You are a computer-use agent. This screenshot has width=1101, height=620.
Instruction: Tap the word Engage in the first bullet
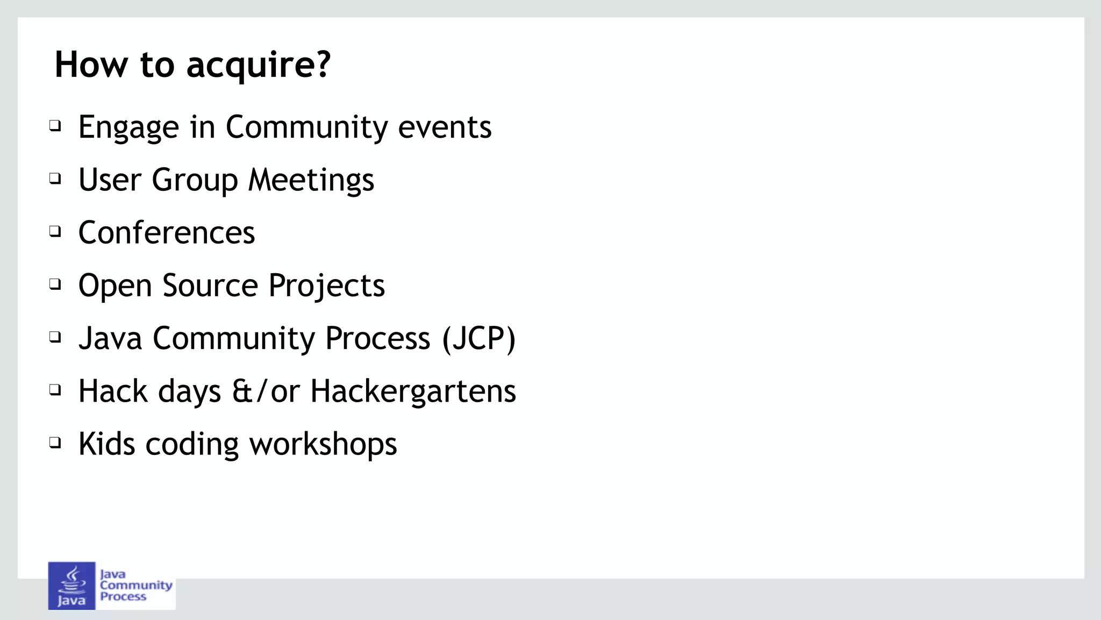(x=128, y=128)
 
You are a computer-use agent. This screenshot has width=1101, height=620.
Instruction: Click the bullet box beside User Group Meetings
(x=55, y=178)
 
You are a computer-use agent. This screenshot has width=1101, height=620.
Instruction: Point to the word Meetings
(x=311, y=180)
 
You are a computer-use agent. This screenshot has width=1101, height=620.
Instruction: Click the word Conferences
(x=167, y=233)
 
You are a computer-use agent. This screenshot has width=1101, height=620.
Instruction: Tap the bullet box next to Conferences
(x=55, y=231)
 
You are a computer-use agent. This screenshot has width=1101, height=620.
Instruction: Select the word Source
(x=210, y=286)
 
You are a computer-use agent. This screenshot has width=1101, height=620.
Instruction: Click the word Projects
(x=326, y=286)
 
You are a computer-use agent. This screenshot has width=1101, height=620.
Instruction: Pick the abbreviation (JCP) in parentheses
(x=478, y=339)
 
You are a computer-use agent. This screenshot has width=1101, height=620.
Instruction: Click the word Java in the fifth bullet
(x=110, y=339)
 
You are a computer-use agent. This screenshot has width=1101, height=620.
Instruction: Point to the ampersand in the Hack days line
(x=242, y=391)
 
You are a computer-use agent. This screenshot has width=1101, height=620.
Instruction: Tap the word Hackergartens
(x=413, y=391)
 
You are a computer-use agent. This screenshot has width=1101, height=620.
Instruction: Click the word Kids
(x=106, y=444)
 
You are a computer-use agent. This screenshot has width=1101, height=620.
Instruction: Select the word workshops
(x=323, y=445)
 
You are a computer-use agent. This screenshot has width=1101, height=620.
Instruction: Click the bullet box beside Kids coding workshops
(x=55, y=443)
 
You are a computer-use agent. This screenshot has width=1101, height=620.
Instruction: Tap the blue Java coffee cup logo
(x=72, y=586)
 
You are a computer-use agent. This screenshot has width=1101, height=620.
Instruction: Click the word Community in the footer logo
(x=136, y=585)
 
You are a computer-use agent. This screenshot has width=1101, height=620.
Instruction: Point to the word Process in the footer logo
(x=123, y=596)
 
